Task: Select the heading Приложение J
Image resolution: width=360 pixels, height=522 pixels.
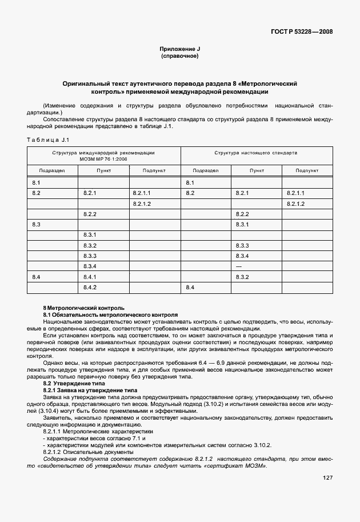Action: point(180,50)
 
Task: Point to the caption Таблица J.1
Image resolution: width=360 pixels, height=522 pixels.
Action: point(48,140)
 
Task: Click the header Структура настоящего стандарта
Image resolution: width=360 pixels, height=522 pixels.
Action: point(256,153)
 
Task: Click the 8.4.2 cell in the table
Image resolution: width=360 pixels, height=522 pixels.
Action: point(90,287)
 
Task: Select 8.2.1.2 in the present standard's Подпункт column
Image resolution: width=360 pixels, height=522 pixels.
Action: point(295,204)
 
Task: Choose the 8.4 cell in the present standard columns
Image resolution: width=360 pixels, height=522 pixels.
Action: point(191,287)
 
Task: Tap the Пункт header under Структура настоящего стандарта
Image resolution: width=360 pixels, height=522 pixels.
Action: point(257,170)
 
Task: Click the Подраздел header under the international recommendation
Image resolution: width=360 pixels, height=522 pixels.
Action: point(52,170)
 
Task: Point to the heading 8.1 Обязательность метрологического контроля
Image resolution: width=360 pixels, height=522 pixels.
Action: point(111,315)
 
